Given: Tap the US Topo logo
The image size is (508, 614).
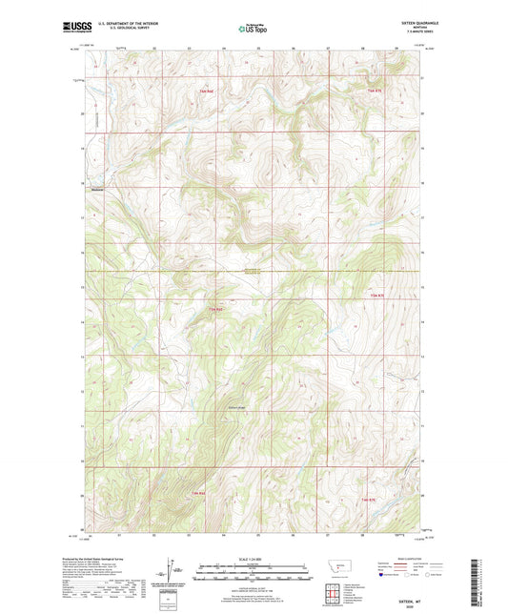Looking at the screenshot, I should pos(253,29).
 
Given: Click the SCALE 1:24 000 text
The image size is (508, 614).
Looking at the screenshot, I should pos(253,557).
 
